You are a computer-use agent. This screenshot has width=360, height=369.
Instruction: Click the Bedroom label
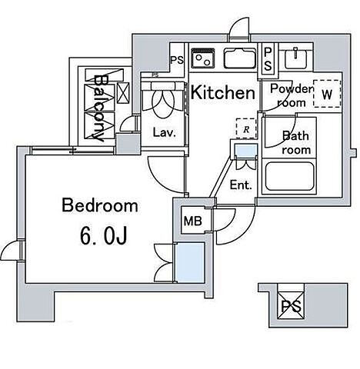coord(100,205)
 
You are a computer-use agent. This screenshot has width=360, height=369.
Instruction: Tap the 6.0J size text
coord(104,236)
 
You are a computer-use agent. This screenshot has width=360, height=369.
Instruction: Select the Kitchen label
coord(223,92)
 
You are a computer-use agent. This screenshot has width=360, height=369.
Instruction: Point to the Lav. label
coord(164,132)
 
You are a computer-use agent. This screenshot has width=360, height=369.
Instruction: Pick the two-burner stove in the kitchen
coord(203,58)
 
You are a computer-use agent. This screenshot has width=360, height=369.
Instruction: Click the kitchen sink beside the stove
coord(240,58)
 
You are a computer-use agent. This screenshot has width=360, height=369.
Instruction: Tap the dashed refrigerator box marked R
coord(246,128)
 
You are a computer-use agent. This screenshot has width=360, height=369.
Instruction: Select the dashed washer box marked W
coord(327,94)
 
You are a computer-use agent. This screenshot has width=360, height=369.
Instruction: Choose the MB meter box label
coord(193,221)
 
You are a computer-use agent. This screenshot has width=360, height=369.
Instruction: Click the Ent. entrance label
coord(241,184)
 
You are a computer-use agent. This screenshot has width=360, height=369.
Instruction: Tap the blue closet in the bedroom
coord(189,263)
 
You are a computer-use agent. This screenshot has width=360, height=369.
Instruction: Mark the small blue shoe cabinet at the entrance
coord(246,151)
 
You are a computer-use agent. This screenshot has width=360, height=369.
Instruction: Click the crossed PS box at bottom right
coord(291,306)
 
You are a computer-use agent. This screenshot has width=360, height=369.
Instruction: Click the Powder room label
coord(292,95)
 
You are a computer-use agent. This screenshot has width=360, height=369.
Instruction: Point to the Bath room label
coord(296,143)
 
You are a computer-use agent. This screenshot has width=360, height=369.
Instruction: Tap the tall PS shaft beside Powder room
coord(267,59)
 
